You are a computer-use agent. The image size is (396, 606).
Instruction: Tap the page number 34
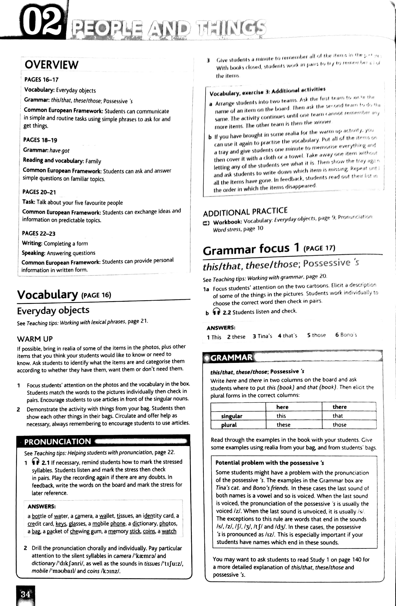[25, 594]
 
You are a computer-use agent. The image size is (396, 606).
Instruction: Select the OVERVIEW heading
[52, 65]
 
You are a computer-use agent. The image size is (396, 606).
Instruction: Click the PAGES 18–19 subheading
[40, 140]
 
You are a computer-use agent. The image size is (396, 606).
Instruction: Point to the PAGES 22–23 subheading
[39, 233]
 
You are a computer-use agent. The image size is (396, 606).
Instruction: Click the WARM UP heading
[35, 339]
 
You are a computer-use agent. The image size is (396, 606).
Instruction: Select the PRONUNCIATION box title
[58, 442]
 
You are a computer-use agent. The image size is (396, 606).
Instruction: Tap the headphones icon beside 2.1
[36, 461]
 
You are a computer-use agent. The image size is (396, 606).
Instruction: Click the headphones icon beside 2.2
[217, 311]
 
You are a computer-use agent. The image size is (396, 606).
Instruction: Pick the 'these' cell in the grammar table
[283, 425]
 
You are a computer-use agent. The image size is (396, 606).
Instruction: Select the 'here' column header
[282, 407]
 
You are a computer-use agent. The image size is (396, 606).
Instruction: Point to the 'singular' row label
[232, 416]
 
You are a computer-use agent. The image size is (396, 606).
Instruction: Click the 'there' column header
[340, 407]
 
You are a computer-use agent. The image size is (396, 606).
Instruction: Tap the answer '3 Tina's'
[262, 336]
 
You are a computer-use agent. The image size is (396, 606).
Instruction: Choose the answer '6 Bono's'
[346, 335]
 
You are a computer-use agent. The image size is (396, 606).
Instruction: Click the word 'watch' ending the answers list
[169, 531]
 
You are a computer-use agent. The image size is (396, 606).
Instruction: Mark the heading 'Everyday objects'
[53, 310]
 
